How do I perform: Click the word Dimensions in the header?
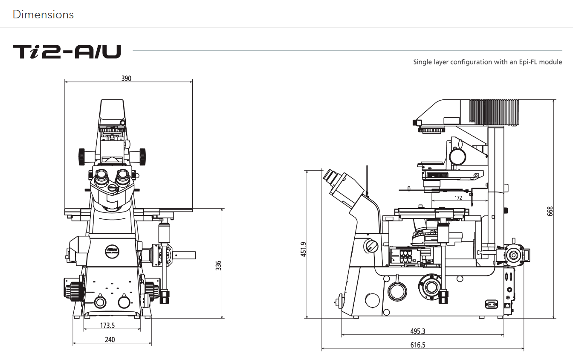click(x=43, y=15)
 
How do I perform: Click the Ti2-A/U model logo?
click(x=67, y=52)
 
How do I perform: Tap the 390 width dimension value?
click(x=126, y=78)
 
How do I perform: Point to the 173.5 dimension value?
click(x=107, y=325)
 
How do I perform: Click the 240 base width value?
click(x=110, y=340)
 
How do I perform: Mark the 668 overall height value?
click(x=550, y=211)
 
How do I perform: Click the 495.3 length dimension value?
click(x=418, y=331)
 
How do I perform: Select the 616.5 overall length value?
click(x=418, y=345)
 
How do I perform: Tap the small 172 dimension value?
click(x=458, y=198)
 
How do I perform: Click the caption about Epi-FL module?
click(x=487, y=62)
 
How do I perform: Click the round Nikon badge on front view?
click(x=112, y=251)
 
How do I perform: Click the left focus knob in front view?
click(x=74, y=290)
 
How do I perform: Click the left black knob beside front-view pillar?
click(x=81, y=157)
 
